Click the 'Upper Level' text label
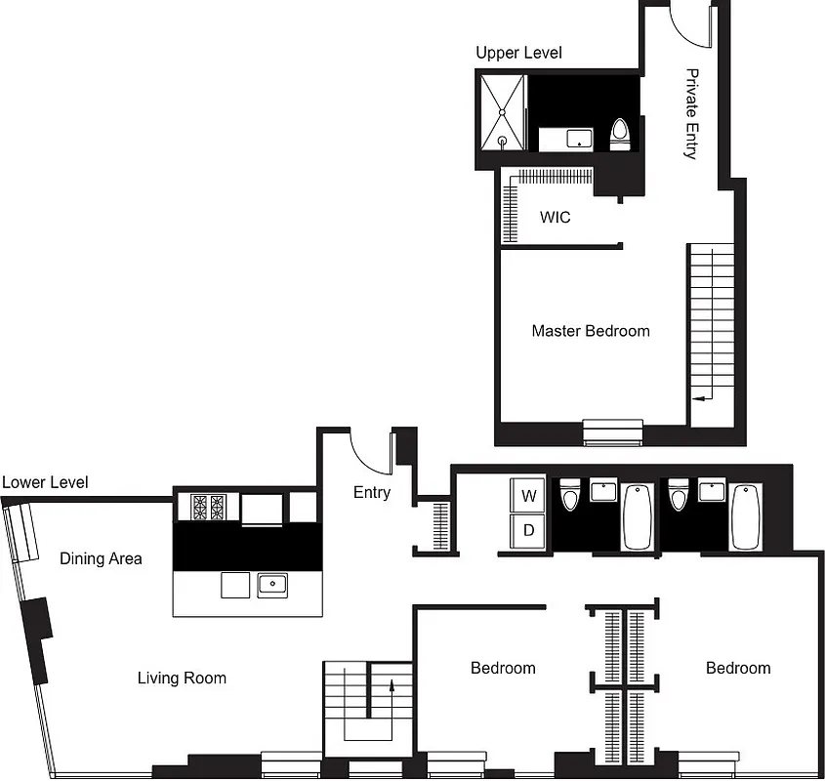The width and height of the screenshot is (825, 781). pyautogui.click(x=518, y=53)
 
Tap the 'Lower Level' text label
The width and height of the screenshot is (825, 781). pyautogui.click(x=45, y=482)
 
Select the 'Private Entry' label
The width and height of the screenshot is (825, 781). pyautogui.click(x=691, y=113)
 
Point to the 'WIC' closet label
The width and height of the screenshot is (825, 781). pyautogui.click(x=556, y=217)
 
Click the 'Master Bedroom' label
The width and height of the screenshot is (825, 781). pyautogui.click(x=590, y=331)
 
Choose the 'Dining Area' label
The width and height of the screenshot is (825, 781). pyautogui.click(x=101, y=558)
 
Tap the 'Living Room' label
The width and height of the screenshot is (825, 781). pyautogui.click(x=182, y=678)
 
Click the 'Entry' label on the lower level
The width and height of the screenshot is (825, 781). pyautogui.click(x=371, y=492)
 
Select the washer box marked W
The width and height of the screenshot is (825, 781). pyautogui.click(x=529, y=496)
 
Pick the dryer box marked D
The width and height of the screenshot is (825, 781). pyautogui.click(x=529, y=531)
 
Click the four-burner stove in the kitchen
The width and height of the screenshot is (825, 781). pyautogui.click(x=207, y=508)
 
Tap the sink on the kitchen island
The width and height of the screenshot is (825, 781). pyautogui.click(x=272, y=586)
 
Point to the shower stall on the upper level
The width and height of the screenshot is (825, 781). pyautogui.click(x=503, y=111)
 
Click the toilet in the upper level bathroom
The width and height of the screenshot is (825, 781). pyautogui.click(x=620, y=134)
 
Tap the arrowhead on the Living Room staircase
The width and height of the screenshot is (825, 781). pyautogui.click(x=391, y=685)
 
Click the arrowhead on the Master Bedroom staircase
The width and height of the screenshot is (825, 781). pyautogui.click(x=695, y=398)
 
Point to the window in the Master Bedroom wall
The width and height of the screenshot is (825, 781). pyautogui.click(x=613, y=431)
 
